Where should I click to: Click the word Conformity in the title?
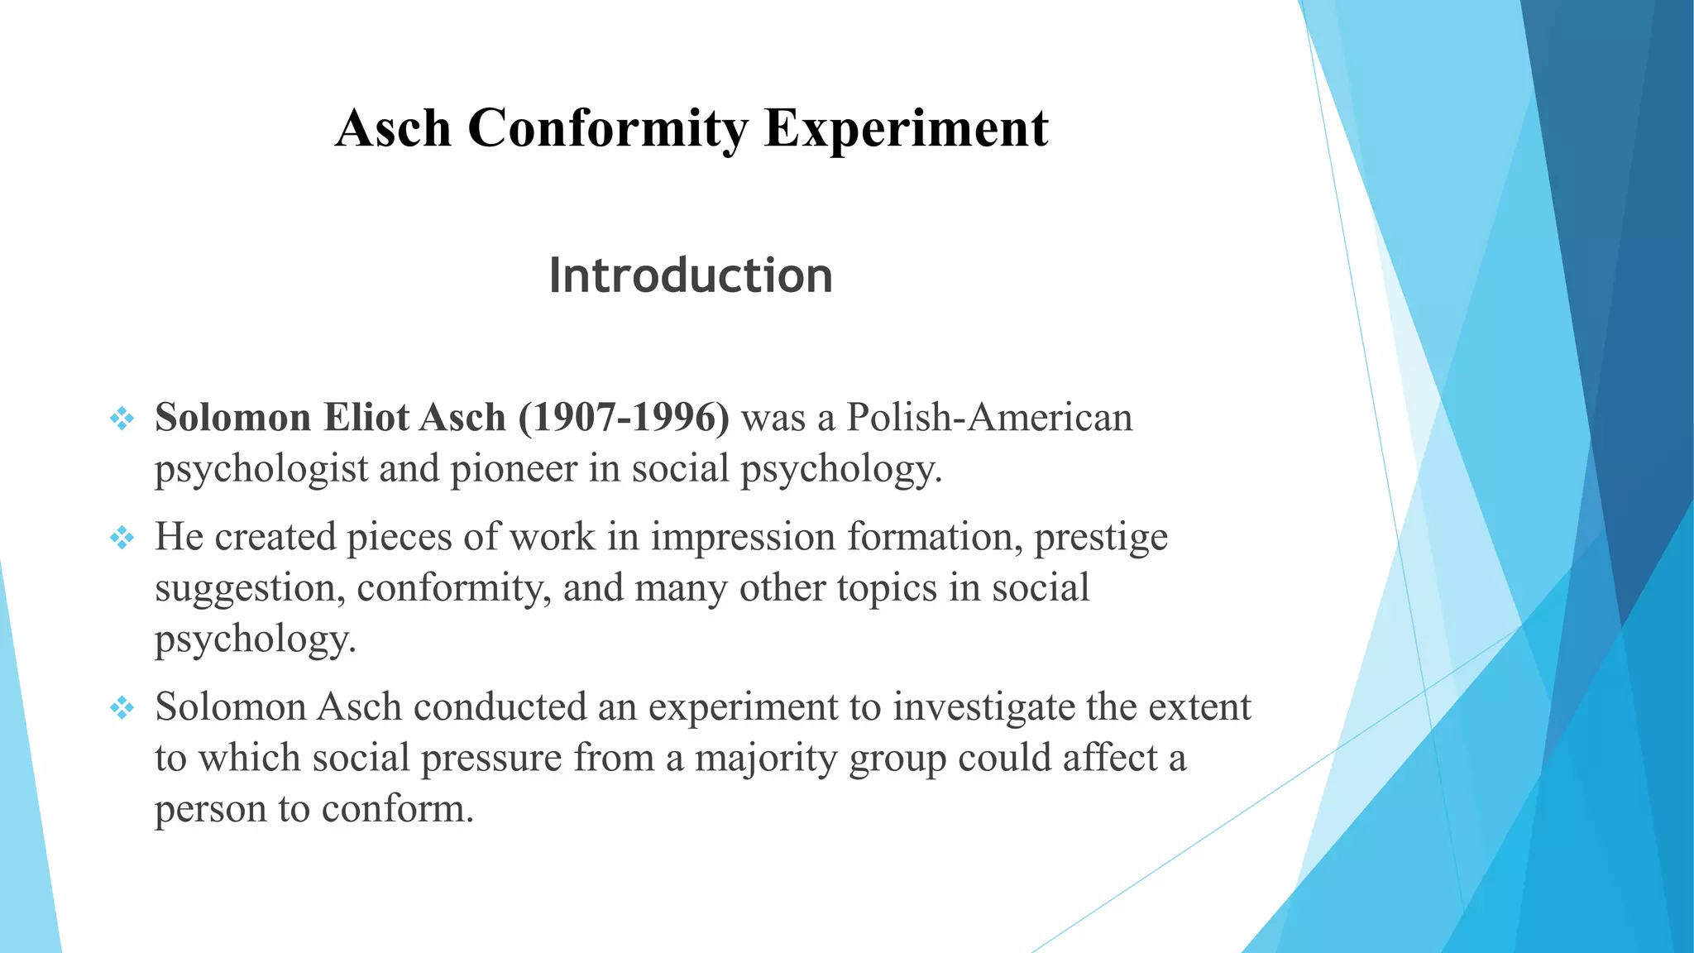pyautogui.click(x=608, y=129)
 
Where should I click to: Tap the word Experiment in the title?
pyautogui.click(x=906, y=129)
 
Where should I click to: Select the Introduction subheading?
pyautogui.click(x=691, y=275)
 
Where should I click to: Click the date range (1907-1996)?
pyautogui.click(x=624, y=417)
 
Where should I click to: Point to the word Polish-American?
pyautogui.click(x=989, y=417)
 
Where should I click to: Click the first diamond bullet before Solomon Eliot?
pyautogui.click(x=122, y=419)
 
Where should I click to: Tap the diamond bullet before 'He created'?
pyautogui.click(x=122, y=539)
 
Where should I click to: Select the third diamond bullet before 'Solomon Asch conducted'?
pyautogui.click(x=122, y=708)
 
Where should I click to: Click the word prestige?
pyautogui.click(x=1101, y=537)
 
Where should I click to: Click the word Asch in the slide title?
pyautogui.click(x=394, y=129)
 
